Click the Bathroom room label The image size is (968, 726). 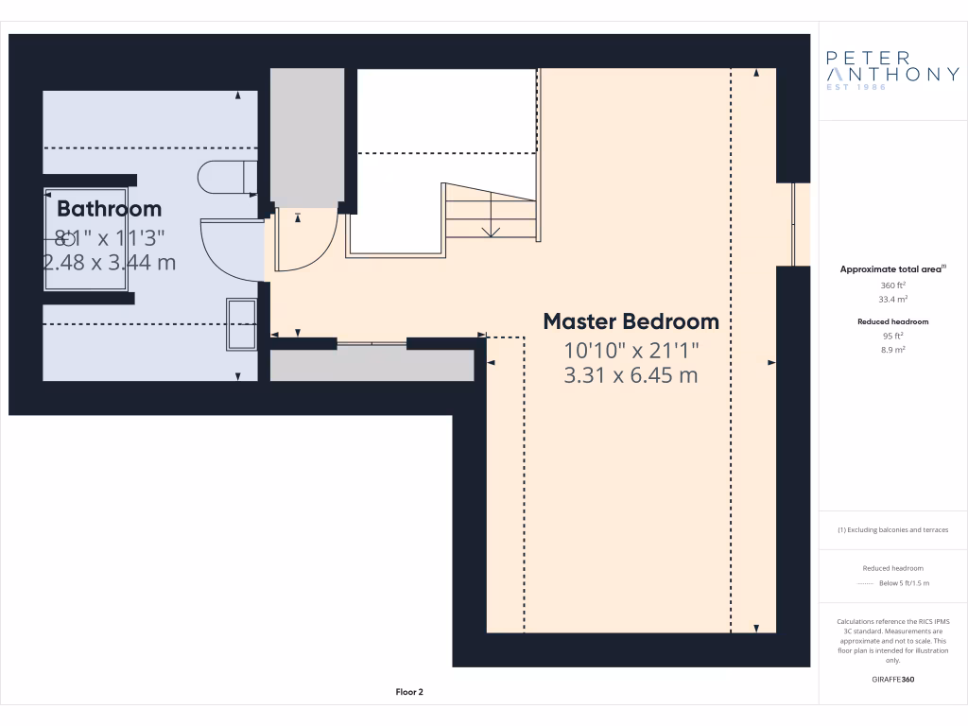[x=109, y=208]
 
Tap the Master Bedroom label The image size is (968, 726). [x=631, y=321]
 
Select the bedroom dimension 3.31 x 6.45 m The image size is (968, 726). [x=631, y=375]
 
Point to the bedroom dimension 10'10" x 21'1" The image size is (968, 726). [x=631, y=350]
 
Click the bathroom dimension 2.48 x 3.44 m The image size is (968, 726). [x=110, y=262]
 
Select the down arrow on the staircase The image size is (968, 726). [x=491, y=231]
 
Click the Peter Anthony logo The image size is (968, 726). [x=892, y=71]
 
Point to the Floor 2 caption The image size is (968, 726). [x=409, y=692]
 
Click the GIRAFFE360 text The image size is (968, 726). [x=892, y=679]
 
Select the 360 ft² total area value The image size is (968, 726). [x=892, y=285]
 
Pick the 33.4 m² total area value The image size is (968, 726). [x=892, y=299]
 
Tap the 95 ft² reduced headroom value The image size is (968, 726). [x=892, y=336]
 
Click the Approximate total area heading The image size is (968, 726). [x=891, y=269]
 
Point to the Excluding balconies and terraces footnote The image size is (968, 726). [x=892, y=530]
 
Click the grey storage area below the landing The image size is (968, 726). [x=372, y=365]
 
